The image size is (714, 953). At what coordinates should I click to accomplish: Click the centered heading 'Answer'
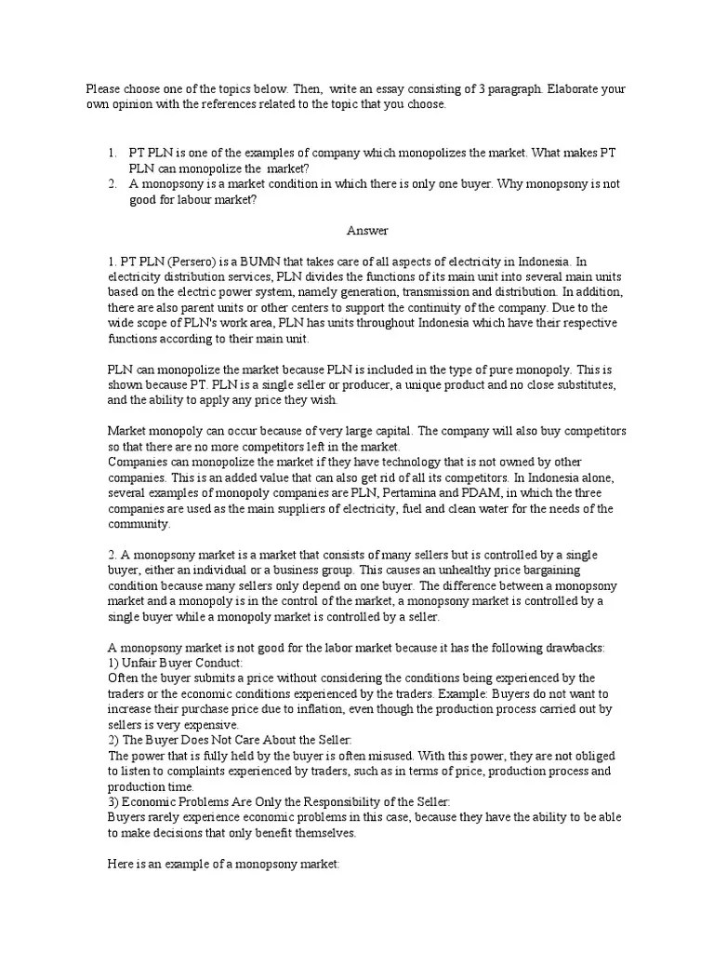point(367,230)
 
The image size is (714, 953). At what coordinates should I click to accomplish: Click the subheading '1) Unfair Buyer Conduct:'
point(175,663)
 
